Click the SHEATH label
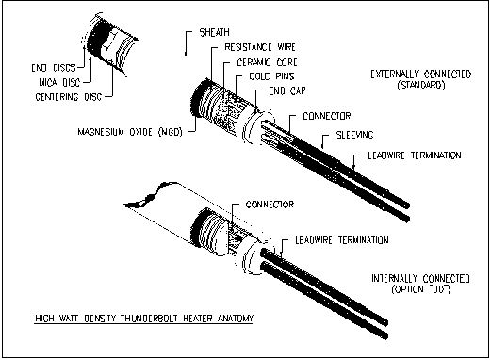tap(215, 32)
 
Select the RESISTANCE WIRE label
tap(260, 47)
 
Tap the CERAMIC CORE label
tap(267, 62)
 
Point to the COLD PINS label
tap(271, 76)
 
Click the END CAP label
tap(287, 91)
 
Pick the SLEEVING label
tap(354, 135)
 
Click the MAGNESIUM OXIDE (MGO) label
tap(130, 132)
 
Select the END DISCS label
tap(54, 68)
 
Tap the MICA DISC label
tap(59, 82)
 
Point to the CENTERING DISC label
tap(69, 97)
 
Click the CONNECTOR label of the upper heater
tap(327, 116)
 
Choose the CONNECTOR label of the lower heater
tap(270, 205)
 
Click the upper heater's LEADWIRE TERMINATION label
tap(415, 155)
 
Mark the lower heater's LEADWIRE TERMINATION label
tap(342, 240)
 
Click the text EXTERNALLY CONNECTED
tap(421, 74)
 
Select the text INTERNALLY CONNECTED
tap(420, 279)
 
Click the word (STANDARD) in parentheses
tap(421, 85)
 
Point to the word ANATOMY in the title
tap(236, 319)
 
